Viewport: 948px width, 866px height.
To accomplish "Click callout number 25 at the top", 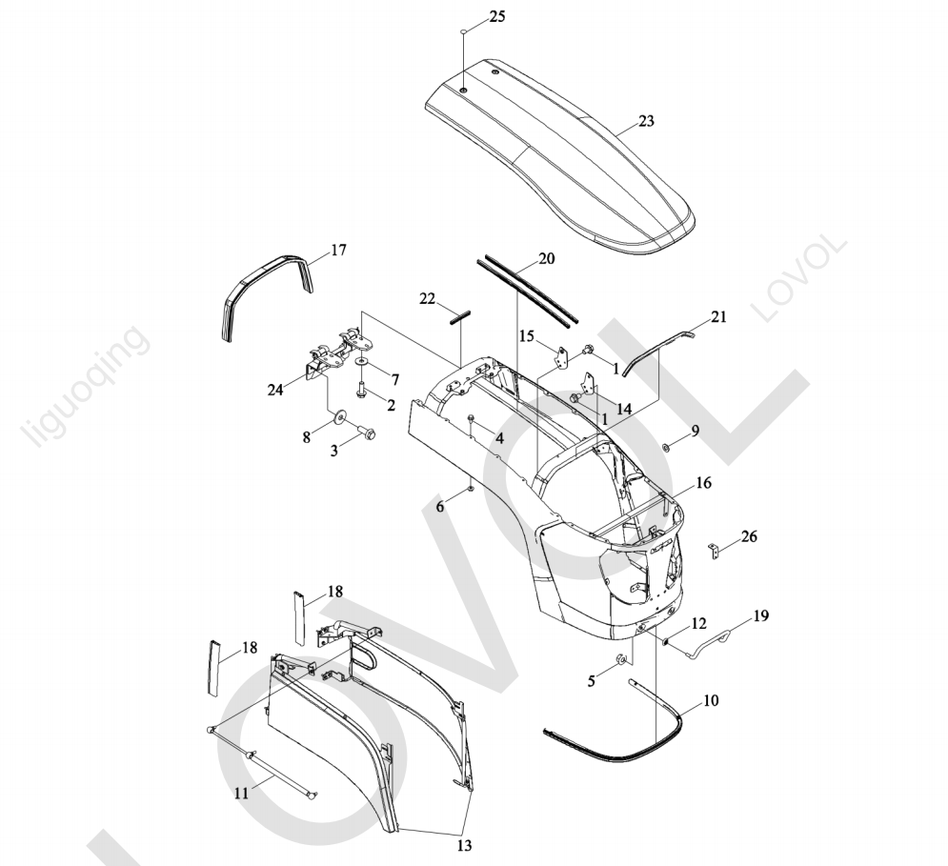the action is pyautogui.click(x=497, y=16).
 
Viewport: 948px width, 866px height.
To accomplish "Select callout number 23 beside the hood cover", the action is pyautogui.click(x=646, y=121).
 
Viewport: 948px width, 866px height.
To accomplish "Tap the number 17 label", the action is pyautogui.click(x=338, y=250).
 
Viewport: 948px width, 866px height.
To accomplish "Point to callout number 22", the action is pyautogui.click(x=428, y=299).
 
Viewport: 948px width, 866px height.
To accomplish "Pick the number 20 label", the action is pyautogui.click(x=546, y=259).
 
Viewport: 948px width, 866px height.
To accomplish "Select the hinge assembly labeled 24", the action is pyautogui.click(x=333, y=353).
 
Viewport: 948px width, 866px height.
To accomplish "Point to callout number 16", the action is pyautogui.click(x=703, y=483).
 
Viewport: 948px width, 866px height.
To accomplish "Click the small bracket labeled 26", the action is pyautogui.click(x=715, y=551).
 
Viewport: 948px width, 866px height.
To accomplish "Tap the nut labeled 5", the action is pyautogui.click(x=620, y=658).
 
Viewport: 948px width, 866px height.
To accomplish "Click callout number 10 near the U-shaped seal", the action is pyautogui.click(x=711, y=700).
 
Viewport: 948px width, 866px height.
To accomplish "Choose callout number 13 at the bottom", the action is pyautogui.click(x=464, y=845).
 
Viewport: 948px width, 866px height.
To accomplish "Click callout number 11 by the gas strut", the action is pyautogui.click(x=241, y=793).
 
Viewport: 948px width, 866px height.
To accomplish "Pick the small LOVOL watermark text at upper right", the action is pyautogui.click(x=798, y=277).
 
